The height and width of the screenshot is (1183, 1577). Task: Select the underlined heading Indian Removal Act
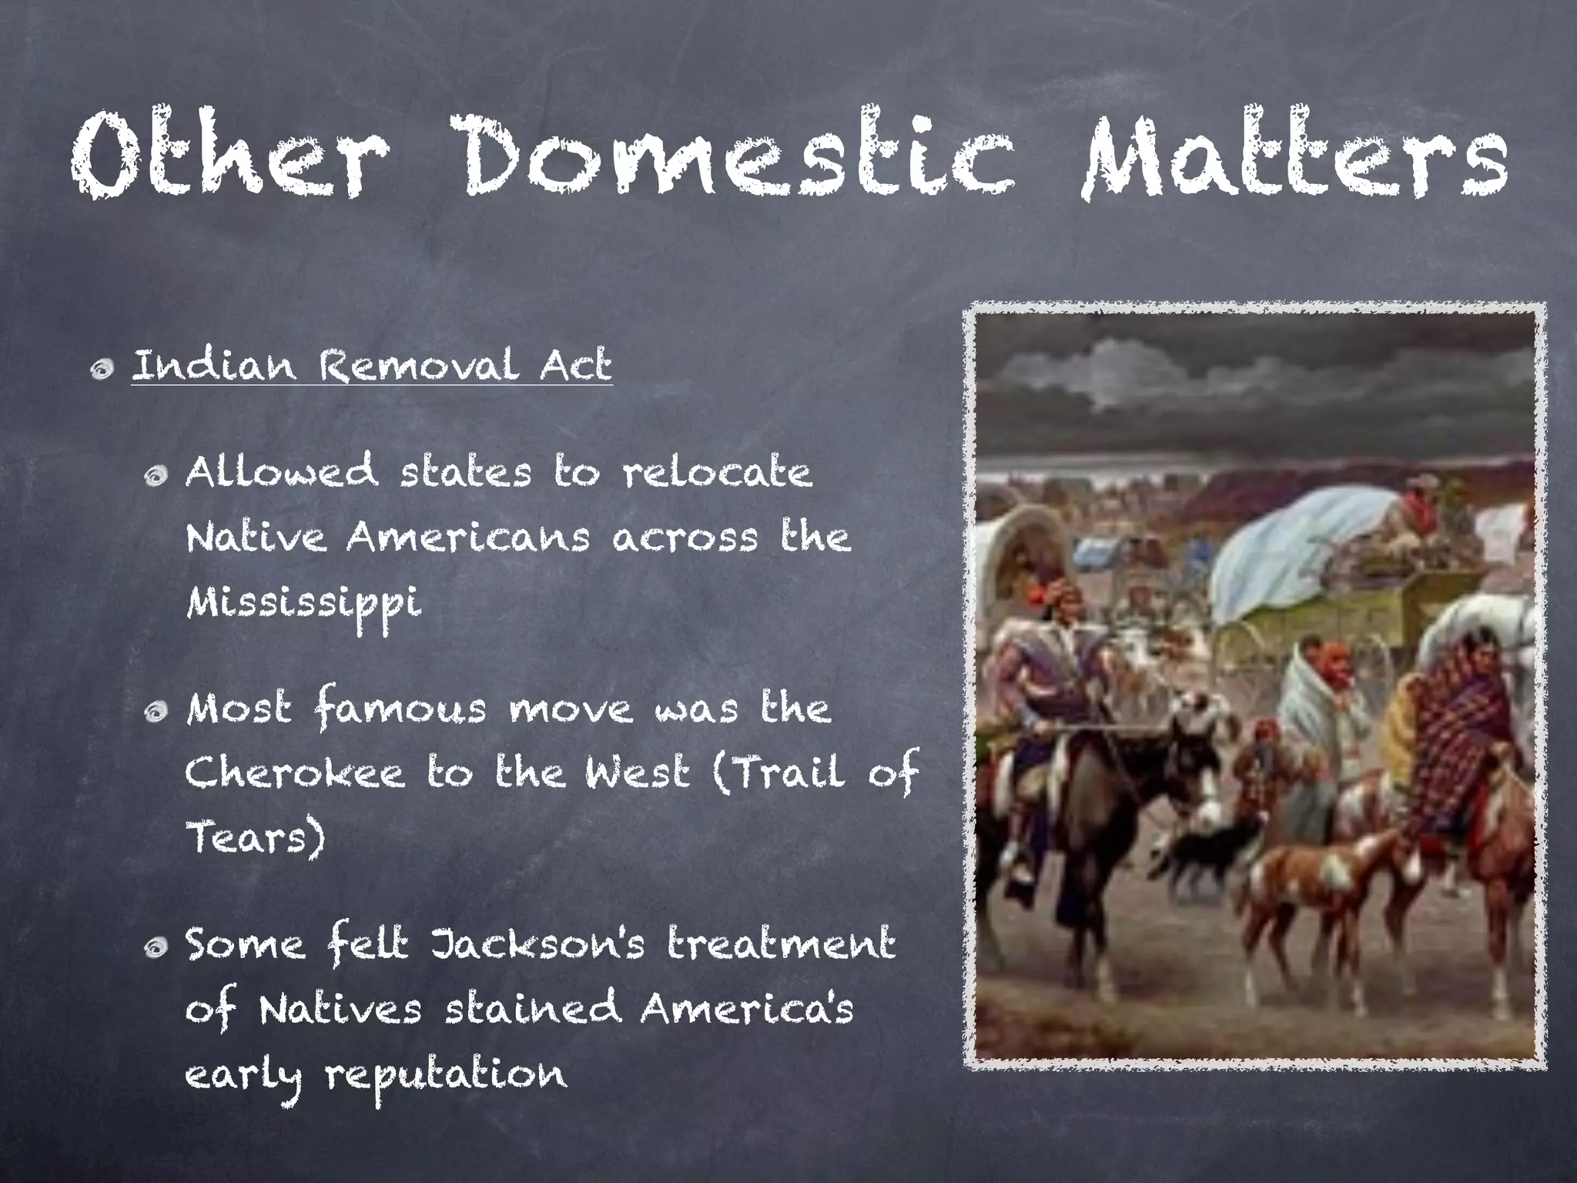coord(372,365)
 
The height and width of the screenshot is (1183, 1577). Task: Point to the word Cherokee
coord(294,773)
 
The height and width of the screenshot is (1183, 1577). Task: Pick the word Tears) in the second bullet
coord(255,837)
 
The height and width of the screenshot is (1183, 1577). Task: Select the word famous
coord(400,709)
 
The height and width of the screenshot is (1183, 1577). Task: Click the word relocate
coord(717,473)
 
